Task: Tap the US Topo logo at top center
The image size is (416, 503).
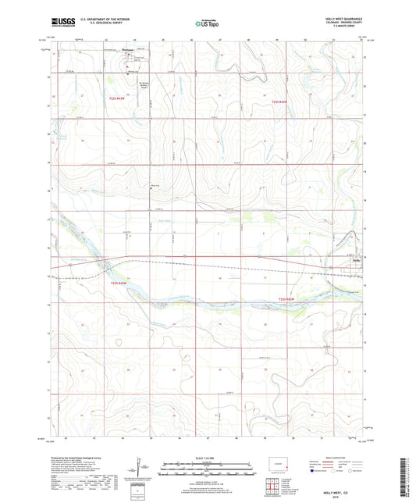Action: coord(205,24)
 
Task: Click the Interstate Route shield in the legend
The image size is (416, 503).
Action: coord(315,472)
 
